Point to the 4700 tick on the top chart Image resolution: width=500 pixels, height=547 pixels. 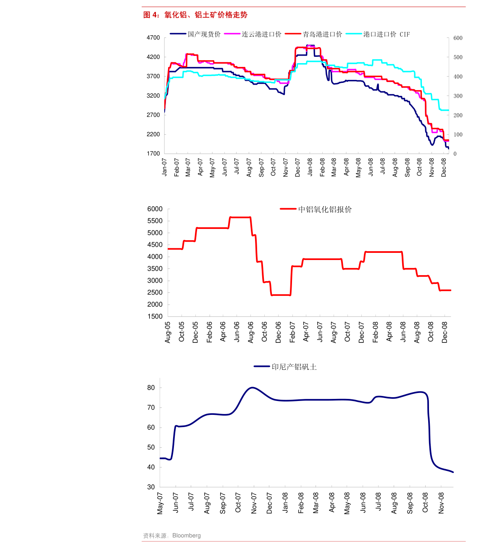click(x=153, y=38)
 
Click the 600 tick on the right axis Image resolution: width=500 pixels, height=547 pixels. click(x=458, y=38)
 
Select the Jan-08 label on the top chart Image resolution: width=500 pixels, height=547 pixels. click(x=310, y=167)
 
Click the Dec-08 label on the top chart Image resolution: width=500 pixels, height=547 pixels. click(x=444, y=167)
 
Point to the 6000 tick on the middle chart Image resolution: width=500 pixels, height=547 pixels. click(x=155, y=209)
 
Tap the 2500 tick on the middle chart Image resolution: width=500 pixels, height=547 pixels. click(x=155, y=292)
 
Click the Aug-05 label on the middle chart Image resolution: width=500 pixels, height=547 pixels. click(x=168, y=332)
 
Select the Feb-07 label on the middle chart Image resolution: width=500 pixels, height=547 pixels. click(x=292, y=332)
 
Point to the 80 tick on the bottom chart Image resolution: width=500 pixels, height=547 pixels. click(x=151, y=388)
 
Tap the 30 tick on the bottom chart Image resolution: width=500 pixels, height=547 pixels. click(x=151, y=487)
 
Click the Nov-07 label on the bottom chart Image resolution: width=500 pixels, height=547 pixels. click(x=254, y=503)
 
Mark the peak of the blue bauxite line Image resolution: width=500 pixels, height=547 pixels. click(x=252, y=387)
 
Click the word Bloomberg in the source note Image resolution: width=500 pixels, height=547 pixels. click(x=186, y=536)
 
